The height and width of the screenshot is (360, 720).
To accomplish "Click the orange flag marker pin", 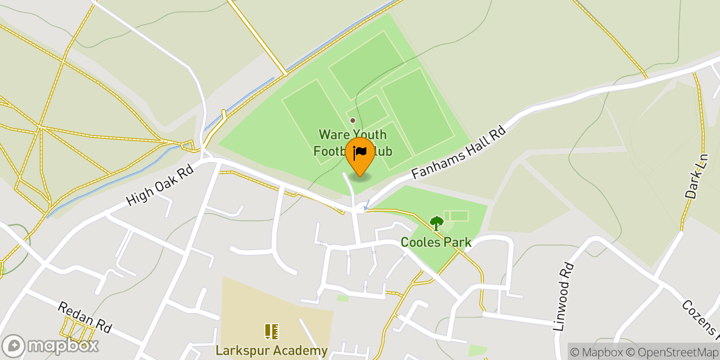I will pos(360,157).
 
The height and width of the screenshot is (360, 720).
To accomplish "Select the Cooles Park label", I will pos(436,242).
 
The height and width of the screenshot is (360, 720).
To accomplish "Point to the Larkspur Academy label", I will pos(272,350).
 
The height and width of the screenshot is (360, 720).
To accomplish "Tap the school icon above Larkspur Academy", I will pos(272,332).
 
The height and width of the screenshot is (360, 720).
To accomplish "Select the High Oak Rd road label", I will pos(160,182).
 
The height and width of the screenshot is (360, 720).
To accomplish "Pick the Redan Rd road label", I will pos(84,317).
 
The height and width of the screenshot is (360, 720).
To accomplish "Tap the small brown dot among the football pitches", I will pos(352,120).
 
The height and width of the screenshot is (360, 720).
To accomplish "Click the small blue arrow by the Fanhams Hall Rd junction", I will pos(366,206).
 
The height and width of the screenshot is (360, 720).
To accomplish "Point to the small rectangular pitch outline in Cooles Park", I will pos(456,216).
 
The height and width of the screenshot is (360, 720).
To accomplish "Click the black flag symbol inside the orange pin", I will pos(360,152).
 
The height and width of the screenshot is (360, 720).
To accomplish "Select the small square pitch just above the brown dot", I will pos(367,109).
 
